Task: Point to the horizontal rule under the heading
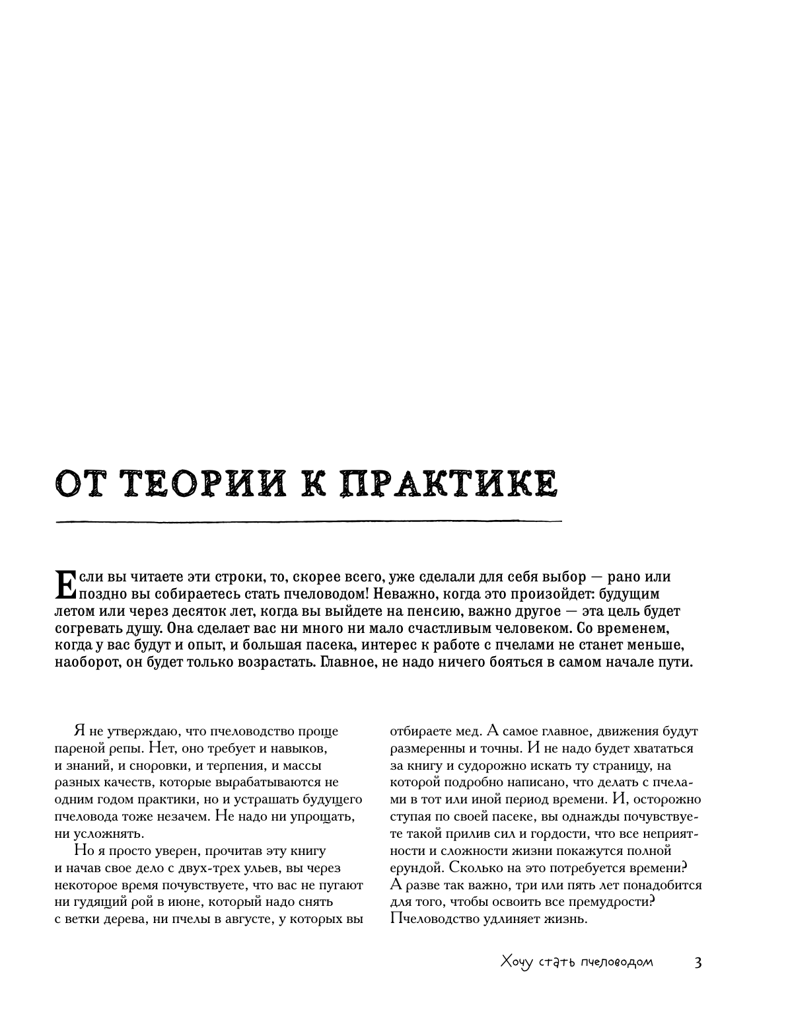pyautogui.click(x=308, y=522)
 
